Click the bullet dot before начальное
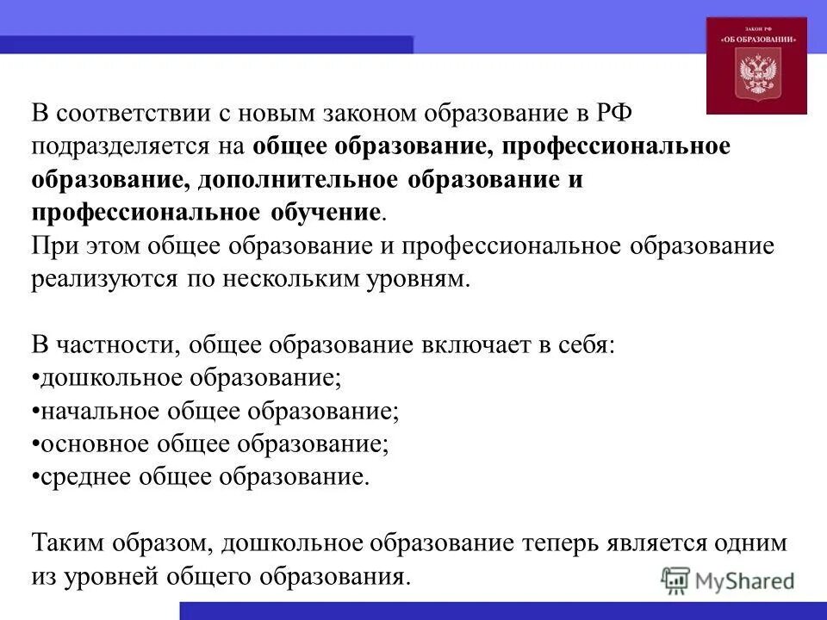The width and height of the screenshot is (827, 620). pos(35,411)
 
